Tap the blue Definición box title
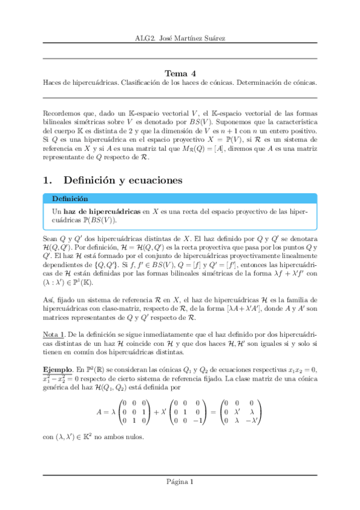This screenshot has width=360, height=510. point(71,198)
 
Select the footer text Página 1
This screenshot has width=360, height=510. point(180,482)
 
